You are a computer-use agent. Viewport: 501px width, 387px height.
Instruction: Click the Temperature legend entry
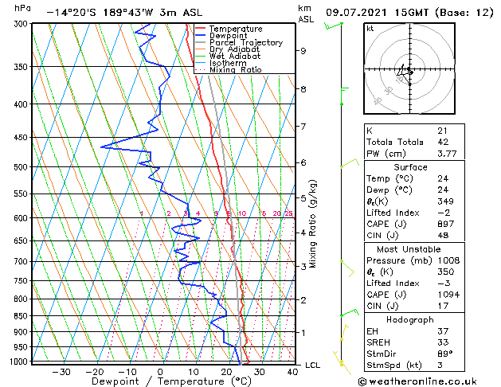tap(237, 29)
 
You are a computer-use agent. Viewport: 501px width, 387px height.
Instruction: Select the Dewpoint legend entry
tap(231, 36)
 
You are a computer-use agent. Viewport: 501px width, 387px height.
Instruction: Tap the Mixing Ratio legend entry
tap(235, 70)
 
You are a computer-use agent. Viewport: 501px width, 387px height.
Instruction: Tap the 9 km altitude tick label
tap(303, 51)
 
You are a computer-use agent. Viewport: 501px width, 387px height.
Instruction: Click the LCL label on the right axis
tap(313, 365)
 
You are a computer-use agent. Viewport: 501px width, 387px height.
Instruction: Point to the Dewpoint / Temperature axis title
tap(160, 381)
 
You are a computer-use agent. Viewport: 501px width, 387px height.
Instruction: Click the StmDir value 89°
tap(444, 354)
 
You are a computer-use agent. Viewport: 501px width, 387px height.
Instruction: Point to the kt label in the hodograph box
tap(370, 28)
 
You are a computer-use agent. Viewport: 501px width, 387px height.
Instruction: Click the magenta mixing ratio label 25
tap(288, 213)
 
